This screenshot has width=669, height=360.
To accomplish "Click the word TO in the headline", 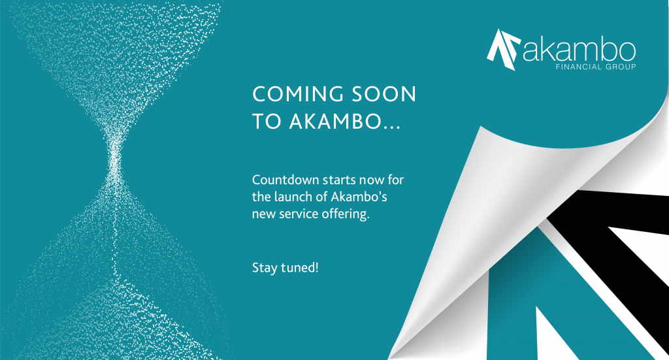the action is click(x=267, y=122).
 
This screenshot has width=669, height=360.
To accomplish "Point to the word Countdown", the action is click(x=286, y=180).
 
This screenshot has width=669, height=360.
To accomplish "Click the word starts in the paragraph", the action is click(x=339, y=180).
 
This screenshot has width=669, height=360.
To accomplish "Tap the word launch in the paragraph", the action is click(x=293, y=197).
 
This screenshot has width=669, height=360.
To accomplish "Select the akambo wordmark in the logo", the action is click(x=579, y=50).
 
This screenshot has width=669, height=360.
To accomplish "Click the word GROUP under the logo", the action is click(x=621, y=67).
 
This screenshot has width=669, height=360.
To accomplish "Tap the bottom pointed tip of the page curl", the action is click(x=389, y=359).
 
